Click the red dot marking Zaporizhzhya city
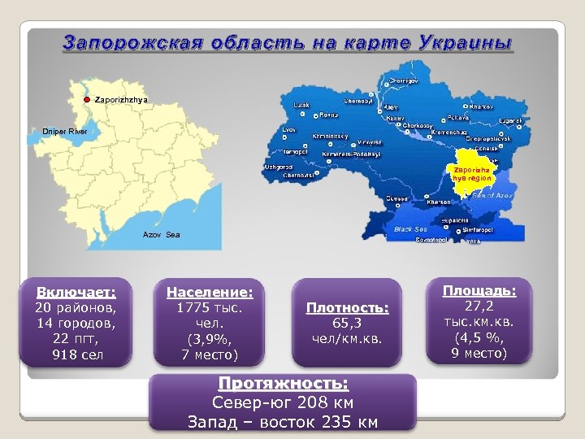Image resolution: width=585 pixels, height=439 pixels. coord(88,99)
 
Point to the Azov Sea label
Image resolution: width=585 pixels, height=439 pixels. coord(161,234)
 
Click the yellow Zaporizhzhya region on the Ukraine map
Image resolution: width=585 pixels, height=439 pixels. coord(470,176)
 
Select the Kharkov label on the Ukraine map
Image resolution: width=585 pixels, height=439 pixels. coord(481,106)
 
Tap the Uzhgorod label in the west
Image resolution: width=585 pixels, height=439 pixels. coord(278,167)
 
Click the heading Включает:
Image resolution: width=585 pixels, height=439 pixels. coord(76,291)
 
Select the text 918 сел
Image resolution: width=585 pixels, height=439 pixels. coord(76,355)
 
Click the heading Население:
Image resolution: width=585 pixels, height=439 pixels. coord(210,291)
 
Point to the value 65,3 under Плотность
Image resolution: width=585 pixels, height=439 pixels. coord(347,323)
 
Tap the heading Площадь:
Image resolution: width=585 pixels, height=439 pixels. coord(479,289)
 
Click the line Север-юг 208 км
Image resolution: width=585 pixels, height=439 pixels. coord(283,402)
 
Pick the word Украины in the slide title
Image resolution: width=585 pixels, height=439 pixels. coord(466,42)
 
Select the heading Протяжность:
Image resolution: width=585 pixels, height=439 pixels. coord(283,384)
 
